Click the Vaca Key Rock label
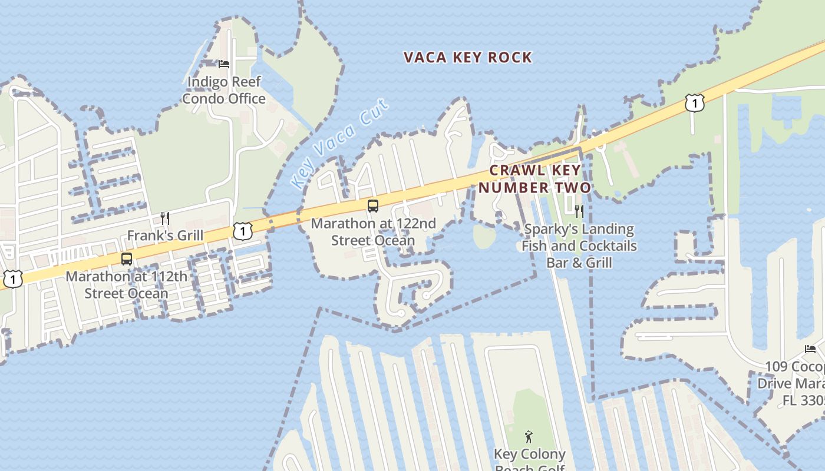(468, 57)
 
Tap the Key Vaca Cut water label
(341, 144)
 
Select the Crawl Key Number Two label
(534, 179)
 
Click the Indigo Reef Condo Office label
(224, 90)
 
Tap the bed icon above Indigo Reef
(224, 64)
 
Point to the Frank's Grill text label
(165, 235)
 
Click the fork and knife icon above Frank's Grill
(165, 218)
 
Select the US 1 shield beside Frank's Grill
(242, 231)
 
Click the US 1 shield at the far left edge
(12, 278)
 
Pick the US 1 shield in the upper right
(695, 103)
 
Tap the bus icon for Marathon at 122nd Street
(372, 205)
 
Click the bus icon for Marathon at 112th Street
(126, 258)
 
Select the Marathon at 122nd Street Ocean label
(373, 232)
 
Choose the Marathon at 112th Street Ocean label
(126, 285)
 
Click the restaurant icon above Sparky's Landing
(579, 211)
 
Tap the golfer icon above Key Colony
(529, 437)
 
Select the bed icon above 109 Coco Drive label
(810, 349)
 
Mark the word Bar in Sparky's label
(557, 263)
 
